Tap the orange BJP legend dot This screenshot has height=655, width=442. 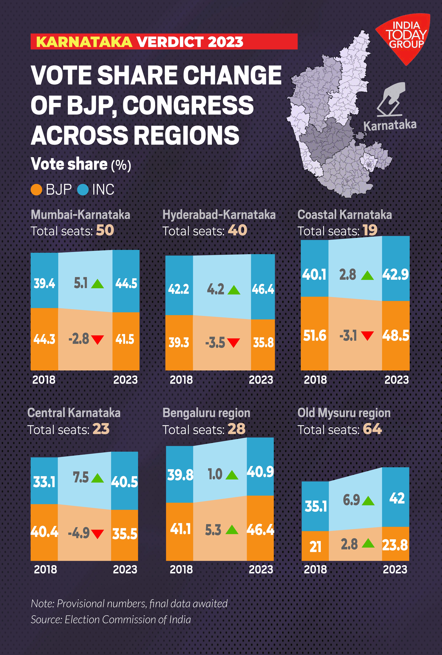(36, 190)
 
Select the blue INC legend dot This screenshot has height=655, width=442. (83, 190)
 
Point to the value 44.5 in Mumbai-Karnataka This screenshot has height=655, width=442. (126, 283)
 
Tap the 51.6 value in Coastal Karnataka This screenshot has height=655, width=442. (314, 336)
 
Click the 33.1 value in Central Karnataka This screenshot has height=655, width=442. (44, 482)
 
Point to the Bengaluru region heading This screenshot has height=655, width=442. (206, 413)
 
